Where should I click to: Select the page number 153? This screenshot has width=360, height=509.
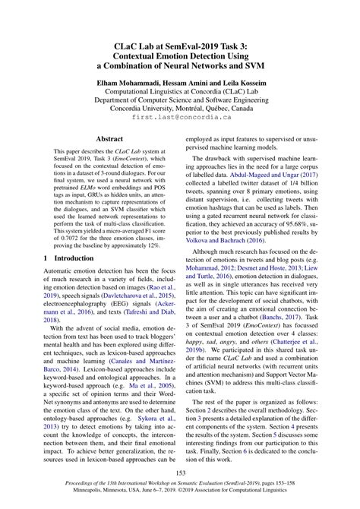point(180,475)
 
